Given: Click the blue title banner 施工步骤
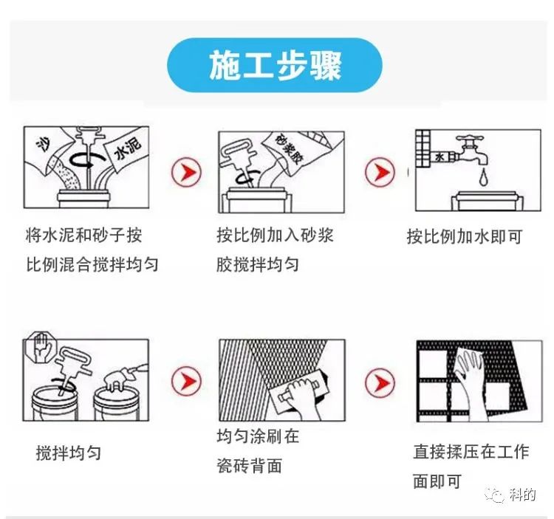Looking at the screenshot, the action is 275,65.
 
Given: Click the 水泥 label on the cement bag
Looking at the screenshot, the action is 128,148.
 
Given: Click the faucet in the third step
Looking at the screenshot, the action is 472,150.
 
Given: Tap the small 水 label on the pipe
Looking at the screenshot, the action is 440,157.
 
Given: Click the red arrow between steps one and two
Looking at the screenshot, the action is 186,172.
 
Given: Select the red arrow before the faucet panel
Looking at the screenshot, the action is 380,172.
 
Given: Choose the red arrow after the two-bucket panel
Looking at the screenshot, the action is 186,381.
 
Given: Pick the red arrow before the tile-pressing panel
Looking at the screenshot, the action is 380,382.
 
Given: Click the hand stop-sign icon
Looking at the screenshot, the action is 41,347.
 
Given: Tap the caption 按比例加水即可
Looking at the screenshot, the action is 465,236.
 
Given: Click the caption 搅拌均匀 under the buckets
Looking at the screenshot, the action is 69,453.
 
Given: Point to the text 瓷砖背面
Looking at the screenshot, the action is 250,466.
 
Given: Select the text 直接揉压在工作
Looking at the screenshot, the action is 471,452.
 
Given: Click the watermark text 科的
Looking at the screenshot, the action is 523,495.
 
